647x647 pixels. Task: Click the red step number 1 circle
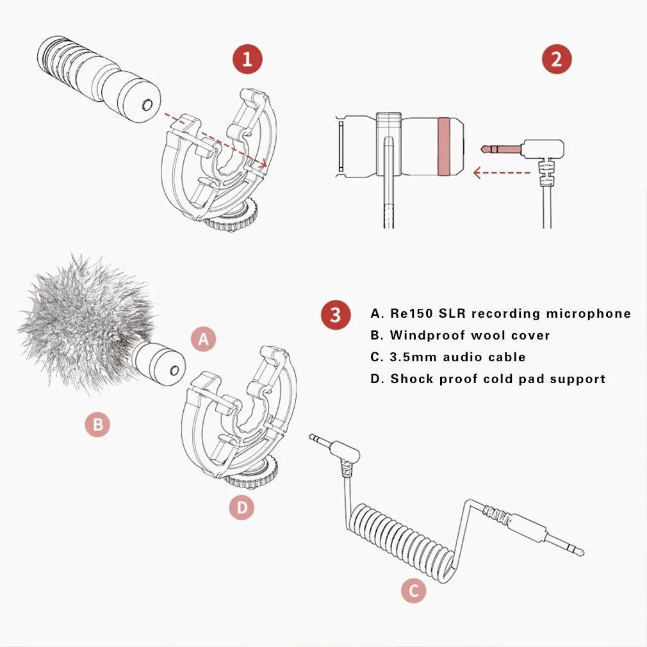tap(247, 60)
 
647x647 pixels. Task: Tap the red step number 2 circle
tap(556, 60)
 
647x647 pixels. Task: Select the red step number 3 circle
tap(335, 315)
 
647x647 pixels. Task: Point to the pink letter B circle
tap(97, 423)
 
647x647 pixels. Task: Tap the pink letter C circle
tap(413, 591)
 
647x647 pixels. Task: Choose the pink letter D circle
tap(242, 508)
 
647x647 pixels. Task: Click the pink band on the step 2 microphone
tap(442, 146)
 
